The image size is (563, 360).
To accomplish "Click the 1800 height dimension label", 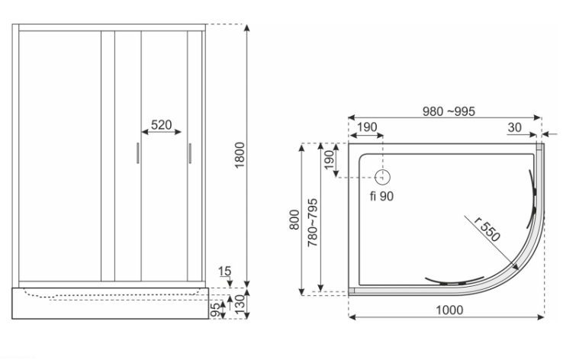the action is coord(240,155).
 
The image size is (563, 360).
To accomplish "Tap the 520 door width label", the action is coord(161,125).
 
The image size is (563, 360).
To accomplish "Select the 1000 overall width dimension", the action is coord(449,310).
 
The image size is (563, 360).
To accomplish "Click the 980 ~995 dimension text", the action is coord(449,111).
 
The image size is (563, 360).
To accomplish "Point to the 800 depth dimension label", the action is coord(294,220).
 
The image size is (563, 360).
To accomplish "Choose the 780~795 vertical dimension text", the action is coord(313,223).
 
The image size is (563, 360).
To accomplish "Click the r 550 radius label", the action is coord(487,229).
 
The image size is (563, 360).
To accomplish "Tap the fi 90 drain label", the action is coord(381,196).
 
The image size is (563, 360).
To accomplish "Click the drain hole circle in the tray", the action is coord(383,177).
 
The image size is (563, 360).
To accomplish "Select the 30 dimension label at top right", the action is coord(514,127).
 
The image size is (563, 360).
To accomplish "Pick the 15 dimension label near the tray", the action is coord(225,271).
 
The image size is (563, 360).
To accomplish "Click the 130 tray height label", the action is coord(240,304).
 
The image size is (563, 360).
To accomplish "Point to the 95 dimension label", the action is coord(214,310).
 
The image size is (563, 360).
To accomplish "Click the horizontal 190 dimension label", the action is coord(367,127).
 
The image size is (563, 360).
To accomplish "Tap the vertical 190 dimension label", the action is coord(329,160).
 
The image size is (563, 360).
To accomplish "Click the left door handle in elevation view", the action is coord(138,153).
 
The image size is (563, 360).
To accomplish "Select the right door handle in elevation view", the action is coord(190,153).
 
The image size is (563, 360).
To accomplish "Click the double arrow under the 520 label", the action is coord(162,132).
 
